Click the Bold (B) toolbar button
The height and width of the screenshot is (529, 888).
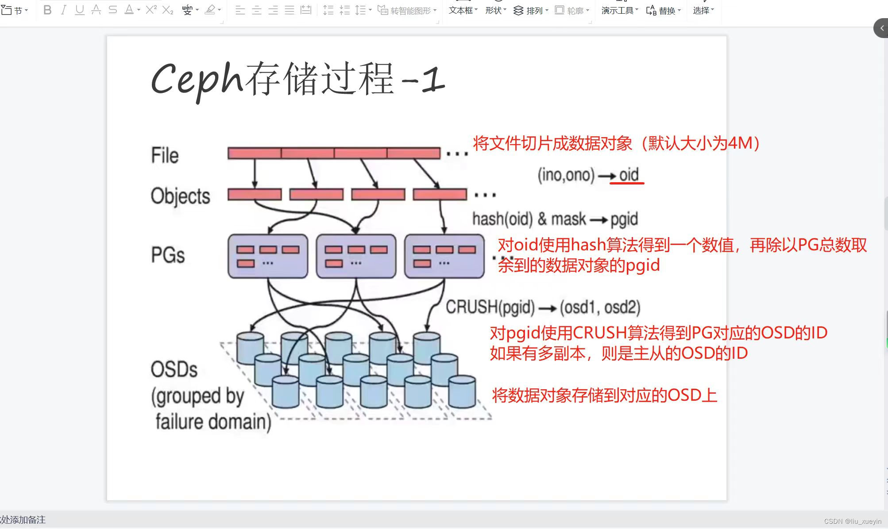click(47, 10)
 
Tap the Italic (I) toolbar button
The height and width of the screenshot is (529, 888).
click(63, 10)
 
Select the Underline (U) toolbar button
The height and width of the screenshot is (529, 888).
click(80, 10)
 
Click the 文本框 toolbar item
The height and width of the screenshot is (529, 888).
click(463, 10)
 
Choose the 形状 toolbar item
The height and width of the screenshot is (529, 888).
click(495, 10)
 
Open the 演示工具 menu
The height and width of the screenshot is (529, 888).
click(620, 10)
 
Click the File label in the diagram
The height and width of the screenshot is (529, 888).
click(165, 155)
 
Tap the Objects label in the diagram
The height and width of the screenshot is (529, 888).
click(180, 196)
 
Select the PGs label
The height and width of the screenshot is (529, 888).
click(168, 255)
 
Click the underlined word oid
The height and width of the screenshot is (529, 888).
click(629, 175)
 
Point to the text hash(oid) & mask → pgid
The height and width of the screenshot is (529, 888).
click(555, 219)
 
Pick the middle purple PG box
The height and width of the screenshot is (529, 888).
click(356, 256)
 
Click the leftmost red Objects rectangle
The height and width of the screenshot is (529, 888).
click(255, 194)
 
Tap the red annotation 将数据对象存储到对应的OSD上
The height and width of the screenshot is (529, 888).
click(604, 395)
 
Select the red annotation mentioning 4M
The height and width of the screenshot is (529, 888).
click(616, 143)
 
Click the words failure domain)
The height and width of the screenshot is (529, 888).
click(213, 422)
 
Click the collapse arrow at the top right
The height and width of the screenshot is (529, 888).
click(881, 28)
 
